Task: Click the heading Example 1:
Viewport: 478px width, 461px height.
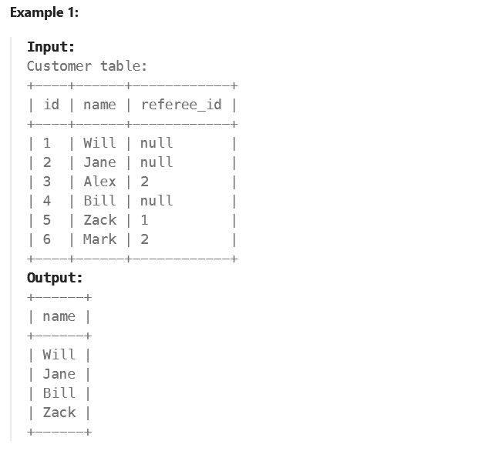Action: [44, 12]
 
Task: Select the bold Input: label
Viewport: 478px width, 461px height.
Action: [50, 47]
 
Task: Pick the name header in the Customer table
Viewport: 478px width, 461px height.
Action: [99, 105]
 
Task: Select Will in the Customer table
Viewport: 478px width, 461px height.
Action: [99, 143]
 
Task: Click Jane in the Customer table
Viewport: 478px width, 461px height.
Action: [99, 162]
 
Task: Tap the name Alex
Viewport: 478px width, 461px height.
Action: [99, 182]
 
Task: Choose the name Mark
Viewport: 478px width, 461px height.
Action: [99, 239]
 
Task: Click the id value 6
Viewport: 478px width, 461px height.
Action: [47, 239]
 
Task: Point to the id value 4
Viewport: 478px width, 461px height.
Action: [47, 201]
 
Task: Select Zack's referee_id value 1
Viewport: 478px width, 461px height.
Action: [144, 220]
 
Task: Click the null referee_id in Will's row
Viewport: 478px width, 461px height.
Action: [157, 143]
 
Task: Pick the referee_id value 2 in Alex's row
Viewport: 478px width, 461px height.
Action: [144, 182]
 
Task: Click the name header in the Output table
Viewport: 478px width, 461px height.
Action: [59, 316]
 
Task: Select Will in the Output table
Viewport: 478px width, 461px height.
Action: [59, 355]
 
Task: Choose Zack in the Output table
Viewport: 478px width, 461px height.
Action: [59, 413]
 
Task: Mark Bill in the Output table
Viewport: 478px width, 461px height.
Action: [59, 393]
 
